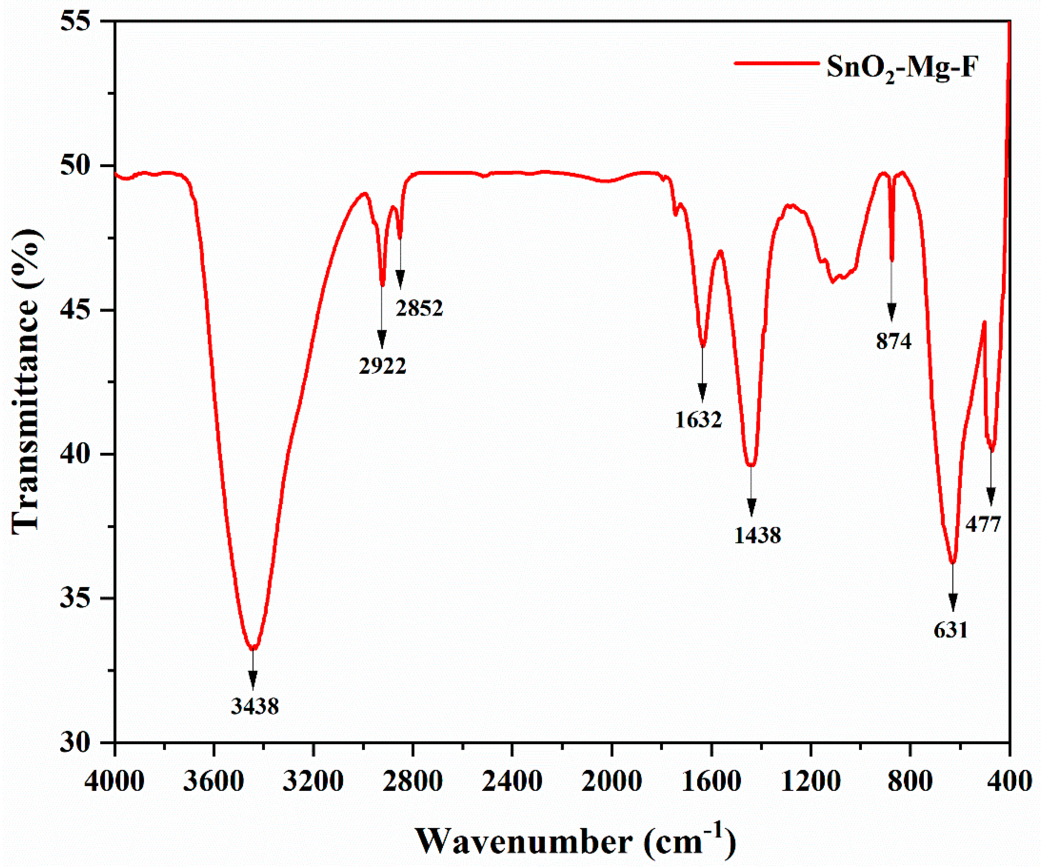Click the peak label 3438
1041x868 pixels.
(x=255, y=706)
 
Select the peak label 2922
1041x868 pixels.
(x=382, y=366)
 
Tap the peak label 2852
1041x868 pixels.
(x=419, y=308)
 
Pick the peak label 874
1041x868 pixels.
(x=893, y=342)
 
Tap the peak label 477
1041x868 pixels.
(x=983, y=524)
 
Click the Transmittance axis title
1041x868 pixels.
(x=26, y=381)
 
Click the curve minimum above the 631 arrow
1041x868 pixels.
(x=952, y=563)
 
